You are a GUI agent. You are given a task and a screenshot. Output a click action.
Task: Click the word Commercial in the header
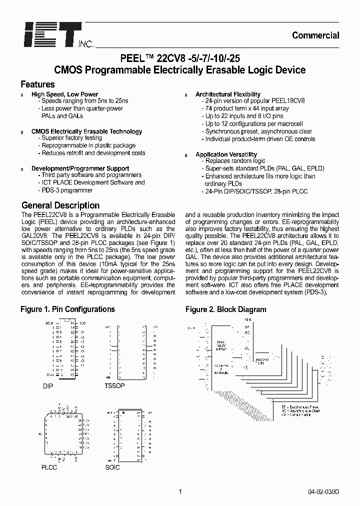coord(315,35)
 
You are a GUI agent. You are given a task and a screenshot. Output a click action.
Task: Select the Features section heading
coord(37,84)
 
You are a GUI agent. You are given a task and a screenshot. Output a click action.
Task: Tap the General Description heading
coord(60,205)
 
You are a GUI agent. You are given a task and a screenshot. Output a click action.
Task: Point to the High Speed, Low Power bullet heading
coord(64,94)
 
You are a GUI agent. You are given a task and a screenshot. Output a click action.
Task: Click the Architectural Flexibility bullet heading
coord(227,94)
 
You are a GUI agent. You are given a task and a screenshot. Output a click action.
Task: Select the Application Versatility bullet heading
coord(226,155)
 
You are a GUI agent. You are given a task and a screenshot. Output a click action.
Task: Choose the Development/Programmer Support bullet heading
coord(80,168)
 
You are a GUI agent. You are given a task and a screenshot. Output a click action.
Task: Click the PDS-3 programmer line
coord(66,190)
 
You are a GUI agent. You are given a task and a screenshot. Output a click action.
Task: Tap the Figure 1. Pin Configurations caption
coord(67,309)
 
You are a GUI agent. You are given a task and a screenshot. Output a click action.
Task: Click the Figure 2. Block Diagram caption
coord(225,309)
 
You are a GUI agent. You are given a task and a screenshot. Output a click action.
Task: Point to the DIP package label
coord(47,386)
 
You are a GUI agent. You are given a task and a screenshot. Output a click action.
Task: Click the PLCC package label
coord(49,467)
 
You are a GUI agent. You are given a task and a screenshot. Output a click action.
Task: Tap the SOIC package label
coord(113,467)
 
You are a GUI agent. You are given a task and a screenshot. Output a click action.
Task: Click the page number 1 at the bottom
coord(179,491)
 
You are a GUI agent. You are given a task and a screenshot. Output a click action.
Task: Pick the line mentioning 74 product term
coord(247,108)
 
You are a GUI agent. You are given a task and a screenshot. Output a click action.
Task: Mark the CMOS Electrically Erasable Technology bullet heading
coord(86,131)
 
